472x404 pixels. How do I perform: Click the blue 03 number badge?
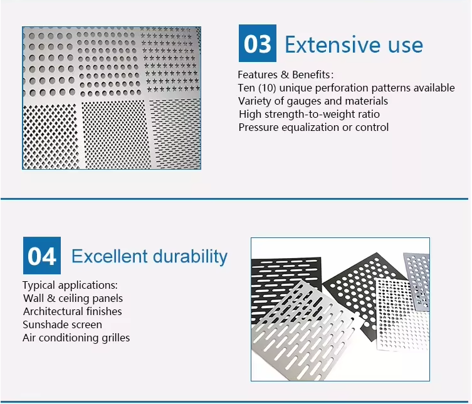coord(257,44)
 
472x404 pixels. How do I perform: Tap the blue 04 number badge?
coord(42,256)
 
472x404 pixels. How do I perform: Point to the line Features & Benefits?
coord(285,75)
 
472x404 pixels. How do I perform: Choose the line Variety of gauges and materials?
coord(313,101)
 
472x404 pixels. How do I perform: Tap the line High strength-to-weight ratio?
coord(309,114)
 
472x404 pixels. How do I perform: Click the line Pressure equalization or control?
coord(313,127)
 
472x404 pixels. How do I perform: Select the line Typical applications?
coord(70,285)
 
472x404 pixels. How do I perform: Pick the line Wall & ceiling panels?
coord(73,298)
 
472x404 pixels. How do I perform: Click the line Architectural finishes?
coord(73,311)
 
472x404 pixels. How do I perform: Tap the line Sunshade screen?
coord(62,324)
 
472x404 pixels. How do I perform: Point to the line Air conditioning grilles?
coord(76,338)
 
